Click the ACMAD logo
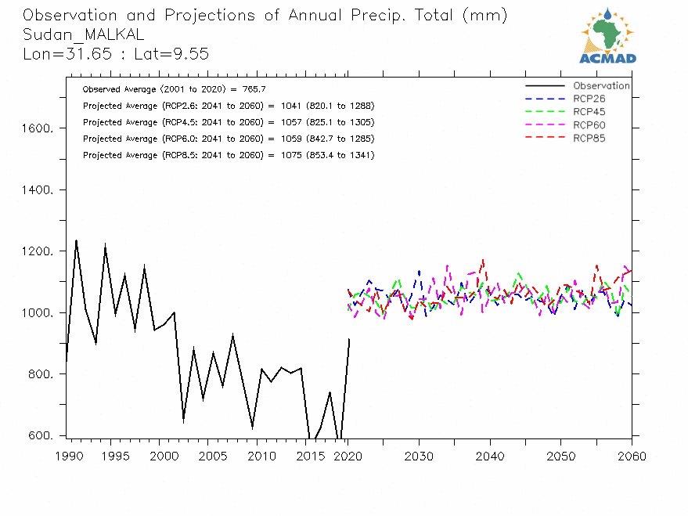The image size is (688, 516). point(607,36)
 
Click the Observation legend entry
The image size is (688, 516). point(600,86)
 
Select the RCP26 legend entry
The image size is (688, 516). point(589,99)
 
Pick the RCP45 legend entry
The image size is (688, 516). point(589,112)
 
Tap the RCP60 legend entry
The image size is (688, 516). point(589,125)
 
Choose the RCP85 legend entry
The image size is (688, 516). point(589,139)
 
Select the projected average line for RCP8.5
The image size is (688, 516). point(229,155)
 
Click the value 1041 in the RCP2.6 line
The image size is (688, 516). point(291,106)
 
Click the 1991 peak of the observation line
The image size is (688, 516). point(76,240)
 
